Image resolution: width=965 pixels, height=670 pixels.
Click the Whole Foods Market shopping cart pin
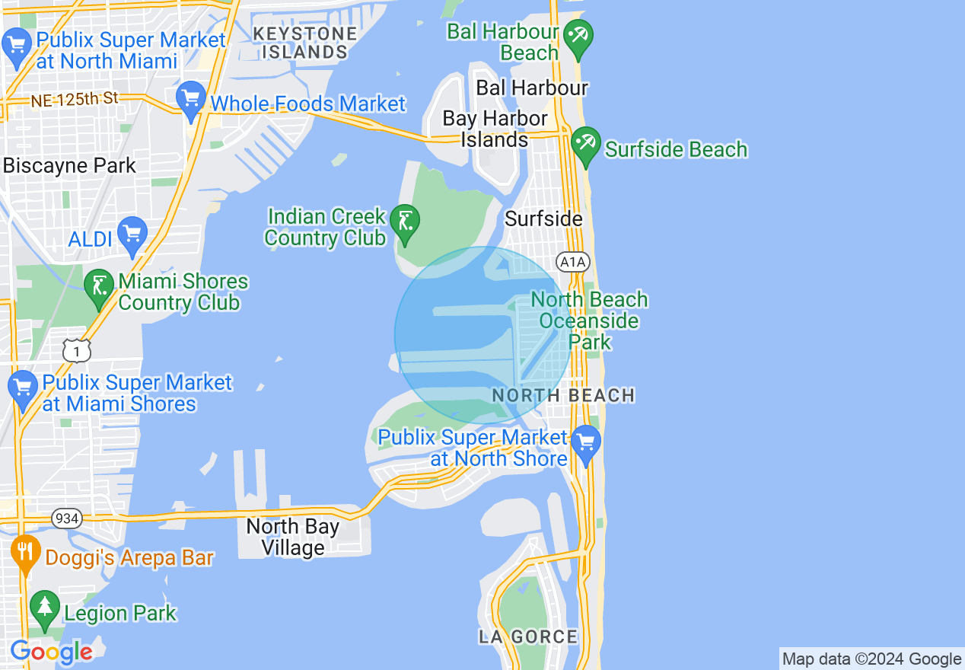[190, 100]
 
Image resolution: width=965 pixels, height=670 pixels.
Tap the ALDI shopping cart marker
[132, 235]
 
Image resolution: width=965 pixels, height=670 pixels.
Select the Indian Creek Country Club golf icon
[404, 223]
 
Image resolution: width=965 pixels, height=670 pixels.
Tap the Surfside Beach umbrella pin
[585, 145]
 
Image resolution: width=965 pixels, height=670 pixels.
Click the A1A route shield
[572, 263]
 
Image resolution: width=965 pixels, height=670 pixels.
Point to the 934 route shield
[67, 518]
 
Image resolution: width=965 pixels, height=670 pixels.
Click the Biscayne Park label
[69, 166]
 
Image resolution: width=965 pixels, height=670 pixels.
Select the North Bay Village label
[292, 537]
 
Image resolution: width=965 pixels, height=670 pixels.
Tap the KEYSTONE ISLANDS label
[304, 43]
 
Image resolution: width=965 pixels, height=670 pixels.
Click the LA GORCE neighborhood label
[528, 636]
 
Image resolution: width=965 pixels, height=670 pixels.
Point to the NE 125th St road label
[75, 99]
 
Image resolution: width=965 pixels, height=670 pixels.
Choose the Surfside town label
[543, 219]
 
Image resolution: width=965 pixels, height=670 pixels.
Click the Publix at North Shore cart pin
[586, 443]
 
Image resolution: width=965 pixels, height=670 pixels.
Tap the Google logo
[51, 652]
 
